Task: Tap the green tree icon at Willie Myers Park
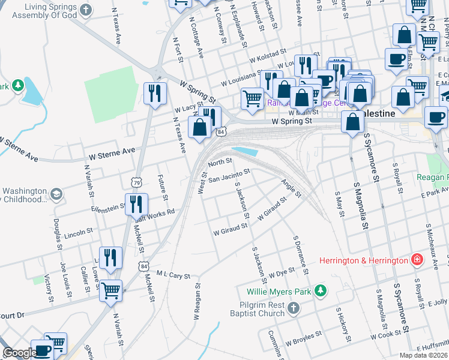321,291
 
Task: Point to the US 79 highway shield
137,182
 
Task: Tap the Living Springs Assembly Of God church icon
87,10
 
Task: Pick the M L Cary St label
173,274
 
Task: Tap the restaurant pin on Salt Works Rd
136,204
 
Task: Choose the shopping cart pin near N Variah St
110,291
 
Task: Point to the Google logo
19,353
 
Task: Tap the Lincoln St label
78,231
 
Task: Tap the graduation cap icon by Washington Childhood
56,194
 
